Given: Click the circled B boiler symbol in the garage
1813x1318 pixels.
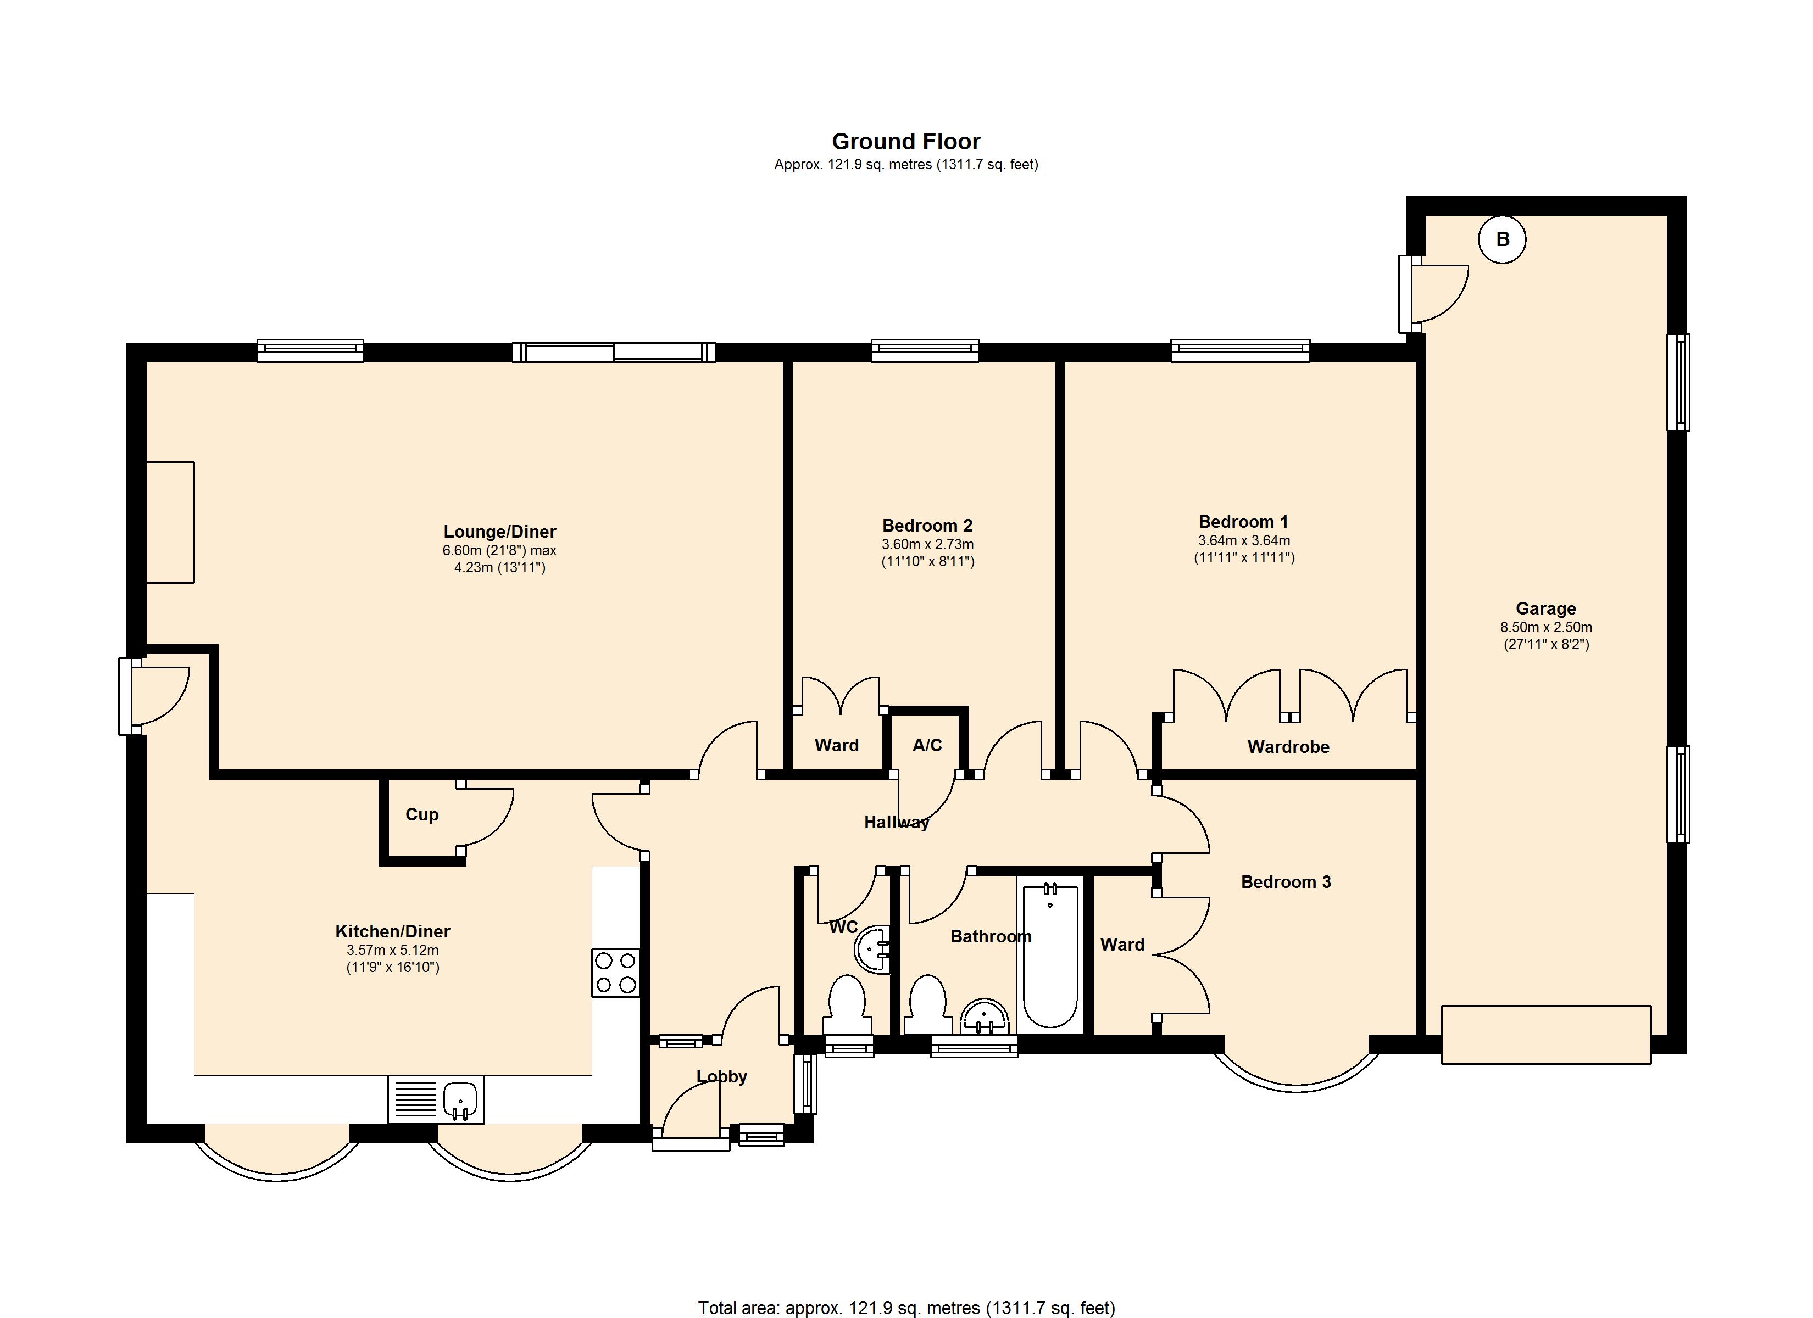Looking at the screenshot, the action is [1502, 239].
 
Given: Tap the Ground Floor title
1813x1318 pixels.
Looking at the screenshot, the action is [906, 142].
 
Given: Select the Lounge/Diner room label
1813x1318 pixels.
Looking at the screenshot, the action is [499, 532].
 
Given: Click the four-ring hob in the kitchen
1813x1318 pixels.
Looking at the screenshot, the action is [615, 973].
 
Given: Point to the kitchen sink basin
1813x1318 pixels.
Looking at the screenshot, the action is [460, 1100].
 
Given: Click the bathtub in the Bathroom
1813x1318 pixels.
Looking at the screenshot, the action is [1050, 955].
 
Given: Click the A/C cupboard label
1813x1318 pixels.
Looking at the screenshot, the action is [927, 745].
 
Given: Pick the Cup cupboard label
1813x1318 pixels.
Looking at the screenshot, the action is [422, 814].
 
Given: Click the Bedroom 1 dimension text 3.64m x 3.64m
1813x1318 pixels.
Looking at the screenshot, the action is [1244, 540].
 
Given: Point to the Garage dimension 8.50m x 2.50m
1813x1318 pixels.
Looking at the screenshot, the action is [1546, 628].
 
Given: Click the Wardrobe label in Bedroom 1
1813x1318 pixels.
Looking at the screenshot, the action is [1289, 746].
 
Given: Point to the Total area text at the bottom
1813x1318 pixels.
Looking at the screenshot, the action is [907, 1308].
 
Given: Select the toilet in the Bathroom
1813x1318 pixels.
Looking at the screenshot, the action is [928, 1006].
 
